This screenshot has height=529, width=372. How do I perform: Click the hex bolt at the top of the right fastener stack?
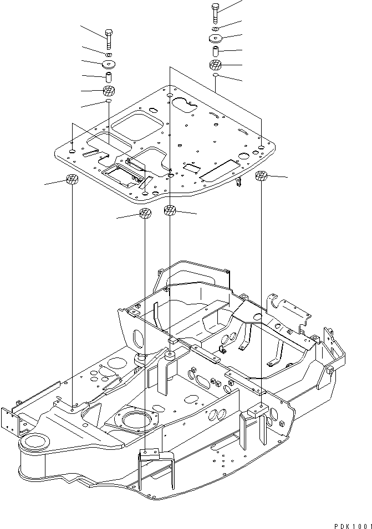click(215, 12)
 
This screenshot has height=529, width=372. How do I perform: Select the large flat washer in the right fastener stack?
click(215, 38)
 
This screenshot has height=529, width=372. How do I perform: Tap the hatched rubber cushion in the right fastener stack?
click(215, 65)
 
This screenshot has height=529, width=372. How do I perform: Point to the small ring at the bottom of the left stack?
click(109, 102)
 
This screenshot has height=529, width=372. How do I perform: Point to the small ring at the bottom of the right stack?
click(215, 75)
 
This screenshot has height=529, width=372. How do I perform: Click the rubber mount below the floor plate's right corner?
click(261, 177)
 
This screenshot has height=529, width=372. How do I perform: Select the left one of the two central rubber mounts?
click(145, 214)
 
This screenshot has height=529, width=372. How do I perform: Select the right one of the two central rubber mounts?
click(170, 210)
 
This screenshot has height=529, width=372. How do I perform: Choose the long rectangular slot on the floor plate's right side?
click(220, 170)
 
